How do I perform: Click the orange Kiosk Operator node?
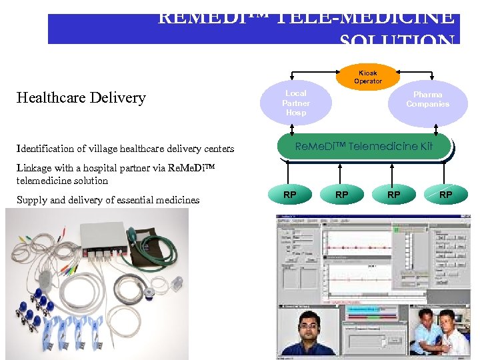(368, 77)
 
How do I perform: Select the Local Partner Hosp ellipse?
(295, 103)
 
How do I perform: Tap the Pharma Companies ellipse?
(427, 100)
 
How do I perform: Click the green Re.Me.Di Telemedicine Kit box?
(364, 146)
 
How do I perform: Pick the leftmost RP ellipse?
(289, 195)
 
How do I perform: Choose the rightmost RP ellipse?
(445, 195)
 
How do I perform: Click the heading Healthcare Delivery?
(81, 98)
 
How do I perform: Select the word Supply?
(31, 200)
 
